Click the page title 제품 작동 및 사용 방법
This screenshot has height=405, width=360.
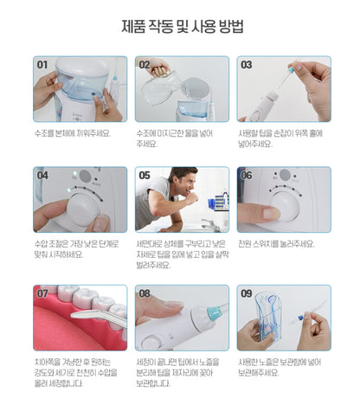point(179,25)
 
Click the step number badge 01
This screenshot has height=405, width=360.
point(42,64)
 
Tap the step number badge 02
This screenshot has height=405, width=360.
point(144,64)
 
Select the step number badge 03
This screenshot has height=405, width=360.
point(246,64)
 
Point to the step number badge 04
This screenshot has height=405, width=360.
point(42,175)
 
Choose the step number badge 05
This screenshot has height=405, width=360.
point(144,175)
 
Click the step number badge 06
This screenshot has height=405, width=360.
point(246,175)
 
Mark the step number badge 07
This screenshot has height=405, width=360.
point(42,293)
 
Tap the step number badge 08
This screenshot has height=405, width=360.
point(144,293)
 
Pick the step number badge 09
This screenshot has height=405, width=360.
point(246,293)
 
